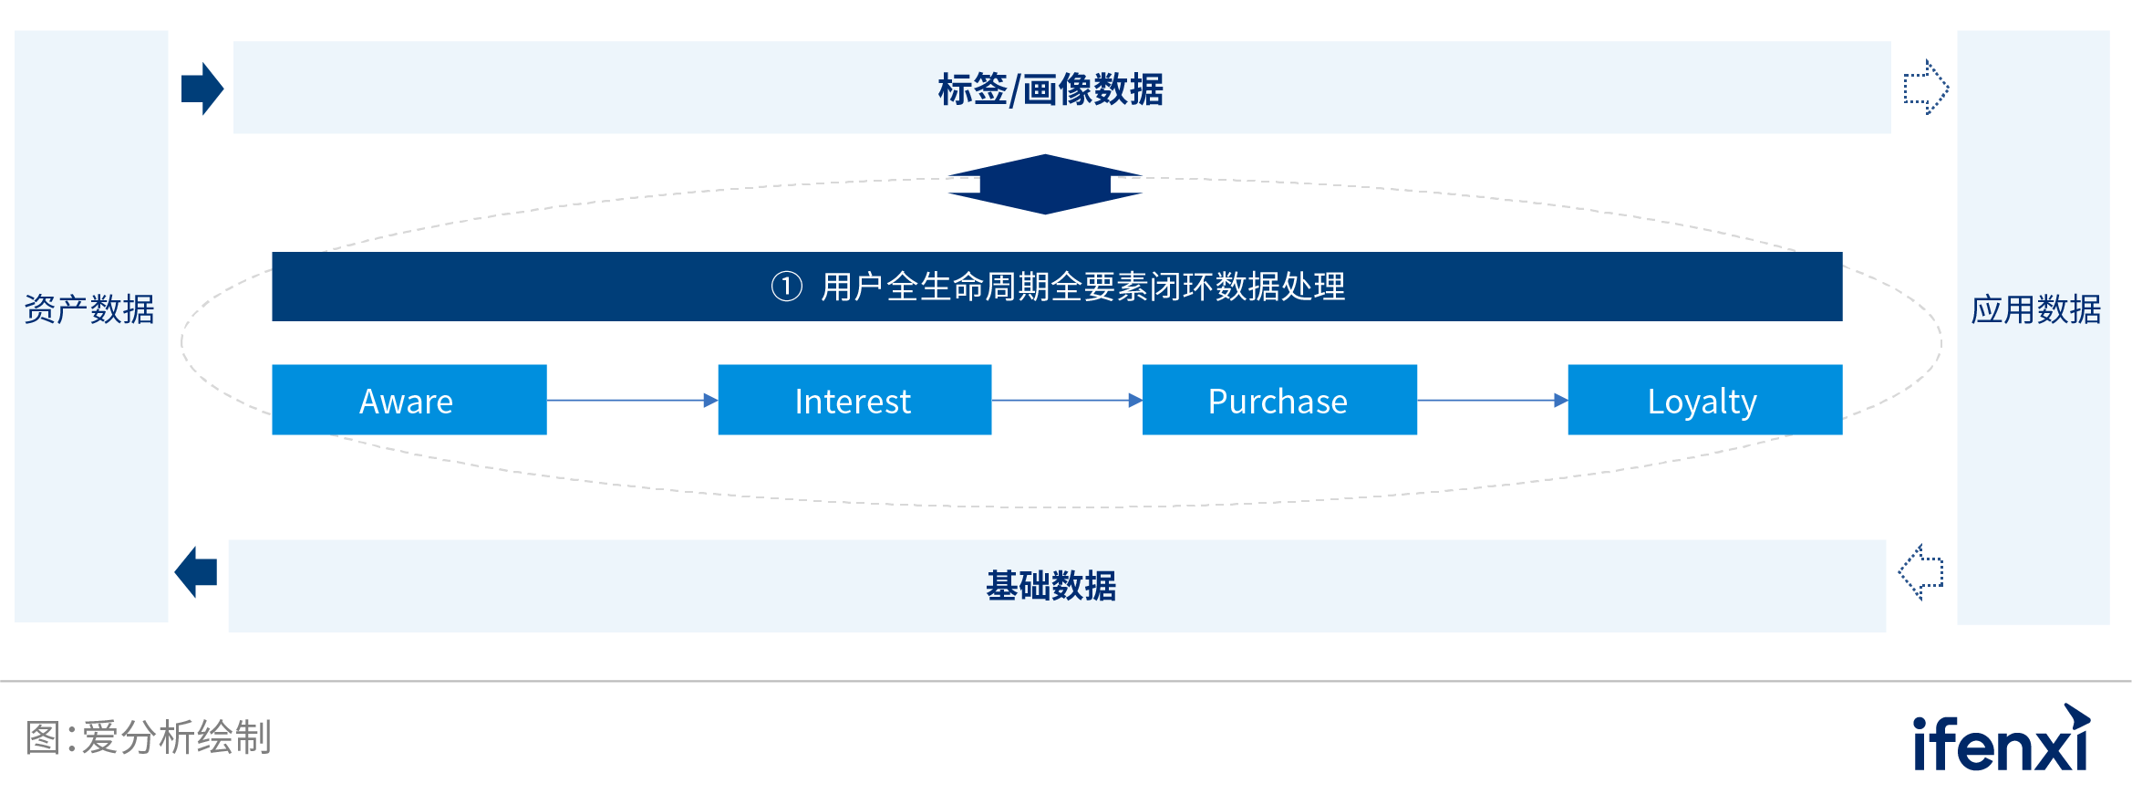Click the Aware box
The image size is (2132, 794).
pos(409,400)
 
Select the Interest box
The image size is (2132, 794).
pos(854,400)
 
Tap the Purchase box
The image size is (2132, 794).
pos(1278,400)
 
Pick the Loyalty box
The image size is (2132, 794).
pos(1704,400)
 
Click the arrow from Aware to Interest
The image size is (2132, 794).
pos(632,400)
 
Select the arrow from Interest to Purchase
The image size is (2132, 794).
pos(1067,400)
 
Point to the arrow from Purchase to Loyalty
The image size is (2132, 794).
pos(1492,400)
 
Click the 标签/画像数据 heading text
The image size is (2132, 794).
pos(1050,89)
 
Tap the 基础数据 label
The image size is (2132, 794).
pos(1050,586)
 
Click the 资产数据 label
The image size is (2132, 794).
pos(89,309)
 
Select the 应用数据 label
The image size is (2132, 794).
pos(2035,309)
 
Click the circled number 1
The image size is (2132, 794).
pos(786,287)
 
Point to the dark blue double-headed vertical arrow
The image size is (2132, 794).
pos(1045,184)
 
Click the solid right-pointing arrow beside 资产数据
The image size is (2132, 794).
pos(202,89)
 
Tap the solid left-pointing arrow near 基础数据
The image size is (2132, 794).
pos(196,572)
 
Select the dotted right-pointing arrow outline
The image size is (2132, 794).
pos(1926,88)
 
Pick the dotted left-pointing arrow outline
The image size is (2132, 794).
pos(1921,572)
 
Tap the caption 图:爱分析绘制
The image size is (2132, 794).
pos(149,737)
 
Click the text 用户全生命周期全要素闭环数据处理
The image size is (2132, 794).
pos(1082,287)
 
